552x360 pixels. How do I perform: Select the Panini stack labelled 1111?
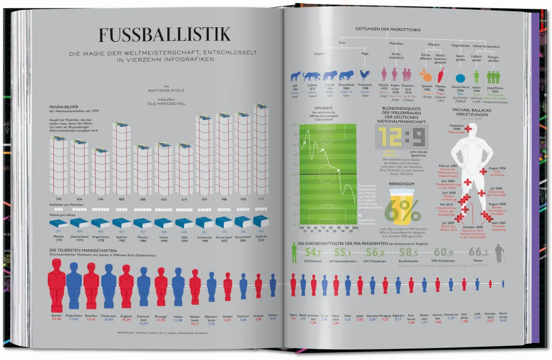coord(261,149)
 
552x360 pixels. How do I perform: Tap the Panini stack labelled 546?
coord(101,171)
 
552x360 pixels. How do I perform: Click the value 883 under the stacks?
coord(121,199)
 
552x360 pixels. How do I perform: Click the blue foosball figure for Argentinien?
coord(74,285)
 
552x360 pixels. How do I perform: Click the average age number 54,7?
coord(313,252)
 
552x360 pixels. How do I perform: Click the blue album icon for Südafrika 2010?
coord(260,221)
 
